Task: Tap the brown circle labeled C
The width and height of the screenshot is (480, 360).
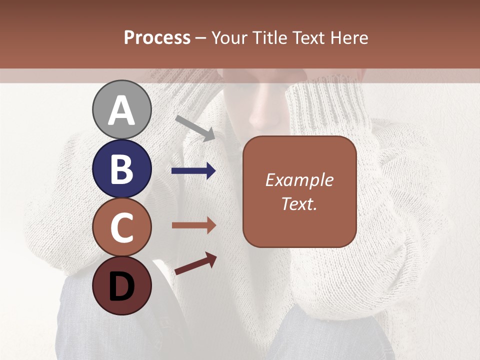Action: point(121,227)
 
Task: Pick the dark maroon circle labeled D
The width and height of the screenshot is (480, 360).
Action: point(121,285)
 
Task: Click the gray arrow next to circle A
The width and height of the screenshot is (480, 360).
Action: point(195,128)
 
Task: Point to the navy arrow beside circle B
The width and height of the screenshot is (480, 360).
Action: point(193,171)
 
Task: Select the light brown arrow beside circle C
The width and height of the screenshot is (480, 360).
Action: point(193,225)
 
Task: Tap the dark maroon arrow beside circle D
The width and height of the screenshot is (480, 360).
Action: point(195,264)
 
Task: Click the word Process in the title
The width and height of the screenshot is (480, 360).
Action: point(157,38)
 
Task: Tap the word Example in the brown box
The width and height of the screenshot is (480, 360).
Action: point(299,180)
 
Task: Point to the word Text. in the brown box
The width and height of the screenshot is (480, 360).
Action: point(299,203)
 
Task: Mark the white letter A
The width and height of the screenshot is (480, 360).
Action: point(121,110)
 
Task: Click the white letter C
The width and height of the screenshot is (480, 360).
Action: point(121,227)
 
